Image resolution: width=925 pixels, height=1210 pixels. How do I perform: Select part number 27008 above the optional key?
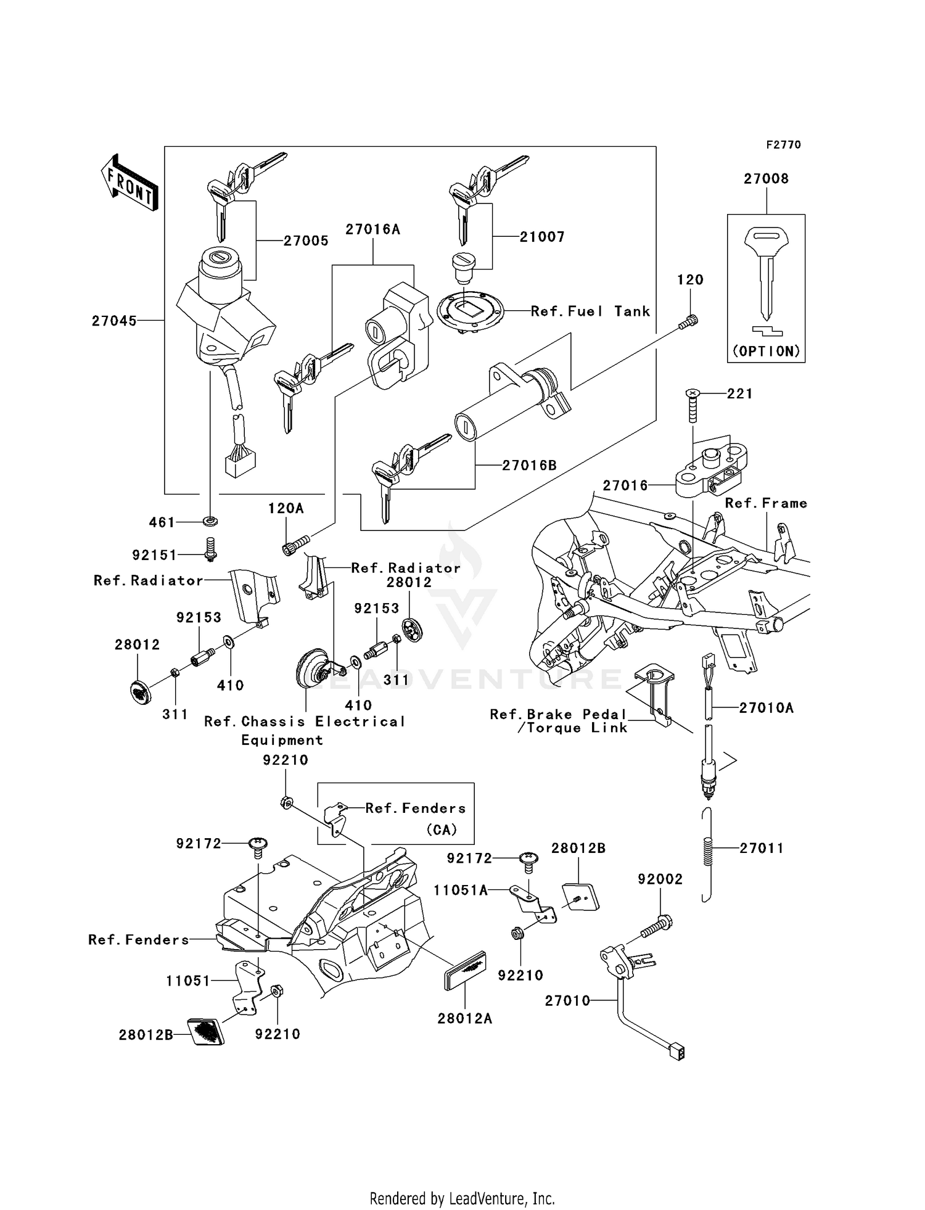tap(766, 179)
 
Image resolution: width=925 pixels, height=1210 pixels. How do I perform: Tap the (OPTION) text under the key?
tap(766, 351)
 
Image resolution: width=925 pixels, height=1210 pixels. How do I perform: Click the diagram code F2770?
tap(783, 145)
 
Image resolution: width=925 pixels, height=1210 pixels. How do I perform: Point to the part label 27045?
tap(114, 321)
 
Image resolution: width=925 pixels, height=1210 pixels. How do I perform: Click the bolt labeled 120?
tap(690, 321)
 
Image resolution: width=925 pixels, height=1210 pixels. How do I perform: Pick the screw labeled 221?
tap(693, 404)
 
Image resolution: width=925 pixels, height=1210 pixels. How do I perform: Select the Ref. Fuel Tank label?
tap(590, 311)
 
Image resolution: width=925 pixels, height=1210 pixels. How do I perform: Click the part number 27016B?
tap(529, 466)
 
